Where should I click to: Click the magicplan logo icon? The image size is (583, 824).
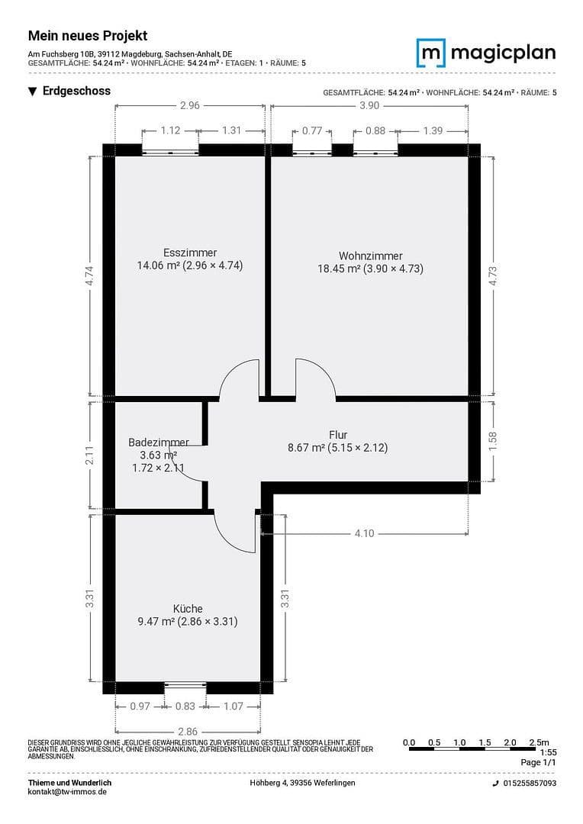tap(430, 53)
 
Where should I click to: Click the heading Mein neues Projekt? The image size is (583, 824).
tap(88, 36)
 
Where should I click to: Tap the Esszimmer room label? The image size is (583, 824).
tap(190, 253)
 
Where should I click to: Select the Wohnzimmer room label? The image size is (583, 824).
tap(370, 256)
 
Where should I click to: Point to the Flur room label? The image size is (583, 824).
tap(338, 435)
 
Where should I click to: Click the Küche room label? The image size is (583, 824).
tap(188, 609)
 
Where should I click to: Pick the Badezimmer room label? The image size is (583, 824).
tap(158, 443)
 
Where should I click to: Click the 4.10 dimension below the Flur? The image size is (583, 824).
tap(364, 533)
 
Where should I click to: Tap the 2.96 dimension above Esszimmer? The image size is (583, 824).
tap(189, 106)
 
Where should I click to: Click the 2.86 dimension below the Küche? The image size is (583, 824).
tap(187, 731)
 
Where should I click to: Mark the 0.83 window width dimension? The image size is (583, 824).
tap(185, 707)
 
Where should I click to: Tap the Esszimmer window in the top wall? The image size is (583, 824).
tap(170, 152)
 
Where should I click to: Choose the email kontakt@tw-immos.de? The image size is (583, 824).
tap(67, 792)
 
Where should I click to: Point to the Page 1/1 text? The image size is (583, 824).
tap(539, 762)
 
